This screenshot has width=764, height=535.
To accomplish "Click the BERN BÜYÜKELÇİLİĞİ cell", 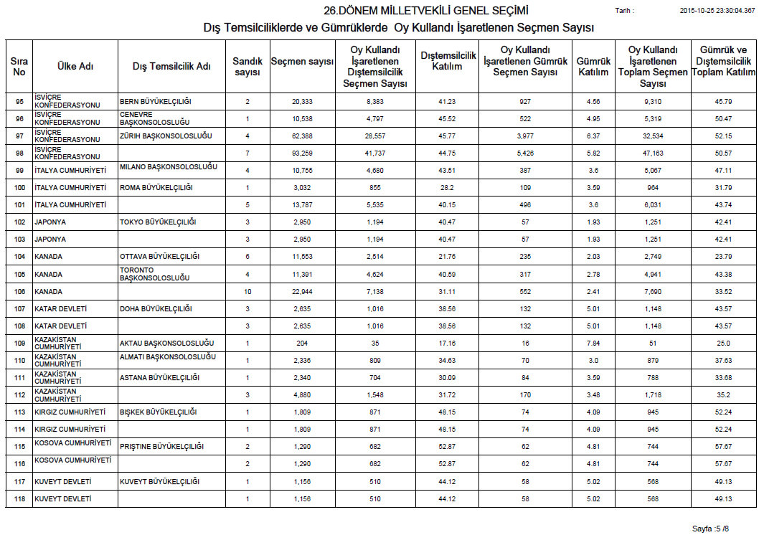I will (x=156, y=102).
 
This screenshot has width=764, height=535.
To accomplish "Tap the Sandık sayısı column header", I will (x=247, y=67).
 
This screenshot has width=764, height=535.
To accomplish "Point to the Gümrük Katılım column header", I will (x=593, y=67).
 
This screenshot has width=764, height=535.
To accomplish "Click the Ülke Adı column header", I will (x=75, y=67).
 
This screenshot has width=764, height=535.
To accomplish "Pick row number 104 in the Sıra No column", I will (x=19, y=257).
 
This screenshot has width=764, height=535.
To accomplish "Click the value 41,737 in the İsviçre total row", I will (x=374, y=153).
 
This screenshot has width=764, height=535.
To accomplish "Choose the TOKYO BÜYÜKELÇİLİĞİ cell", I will (x=158, y=222).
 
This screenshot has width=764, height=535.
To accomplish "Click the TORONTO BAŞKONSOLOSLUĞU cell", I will (x=154, y=274).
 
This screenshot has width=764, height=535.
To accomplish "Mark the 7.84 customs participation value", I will (x=593, y=344).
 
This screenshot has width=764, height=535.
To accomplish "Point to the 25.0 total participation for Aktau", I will (x=722, y=344).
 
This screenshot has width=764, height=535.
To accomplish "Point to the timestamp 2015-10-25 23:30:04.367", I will (x=717, y=11).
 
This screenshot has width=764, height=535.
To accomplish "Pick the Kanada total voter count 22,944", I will (x=302, y=292).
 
